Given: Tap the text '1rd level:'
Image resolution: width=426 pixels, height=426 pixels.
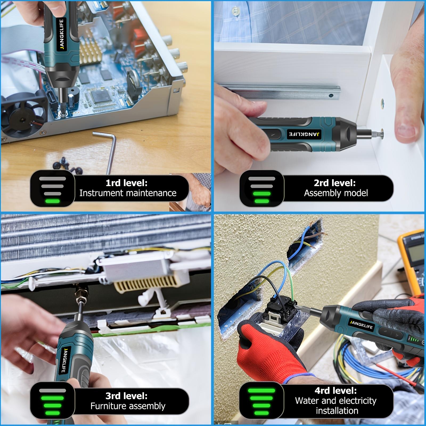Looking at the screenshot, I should [x=126, y=183].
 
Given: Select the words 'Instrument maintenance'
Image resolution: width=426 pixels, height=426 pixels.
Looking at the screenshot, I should [x=128, y=193].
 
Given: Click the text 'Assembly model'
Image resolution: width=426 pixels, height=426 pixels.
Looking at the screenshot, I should [x=336, y=193].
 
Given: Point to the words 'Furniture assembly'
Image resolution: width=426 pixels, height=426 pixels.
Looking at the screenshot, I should [x=128, y=406].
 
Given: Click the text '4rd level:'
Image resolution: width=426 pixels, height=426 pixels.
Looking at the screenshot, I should [x=335, y=391].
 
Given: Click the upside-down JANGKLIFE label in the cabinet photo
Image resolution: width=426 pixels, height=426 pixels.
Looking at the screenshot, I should [x=305, y=134].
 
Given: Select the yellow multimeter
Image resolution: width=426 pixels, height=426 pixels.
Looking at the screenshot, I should [x=411, y=261].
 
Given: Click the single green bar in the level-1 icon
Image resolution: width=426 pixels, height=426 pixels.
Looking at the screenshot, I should [x=52, y=201].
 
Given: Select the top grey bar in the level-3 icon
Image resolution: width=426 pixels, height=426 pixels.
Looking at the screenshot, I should [x=52, y=391].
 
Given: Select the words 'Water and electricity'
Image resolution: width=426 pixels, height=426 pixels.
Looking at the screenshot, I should [x=335, y=401].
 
